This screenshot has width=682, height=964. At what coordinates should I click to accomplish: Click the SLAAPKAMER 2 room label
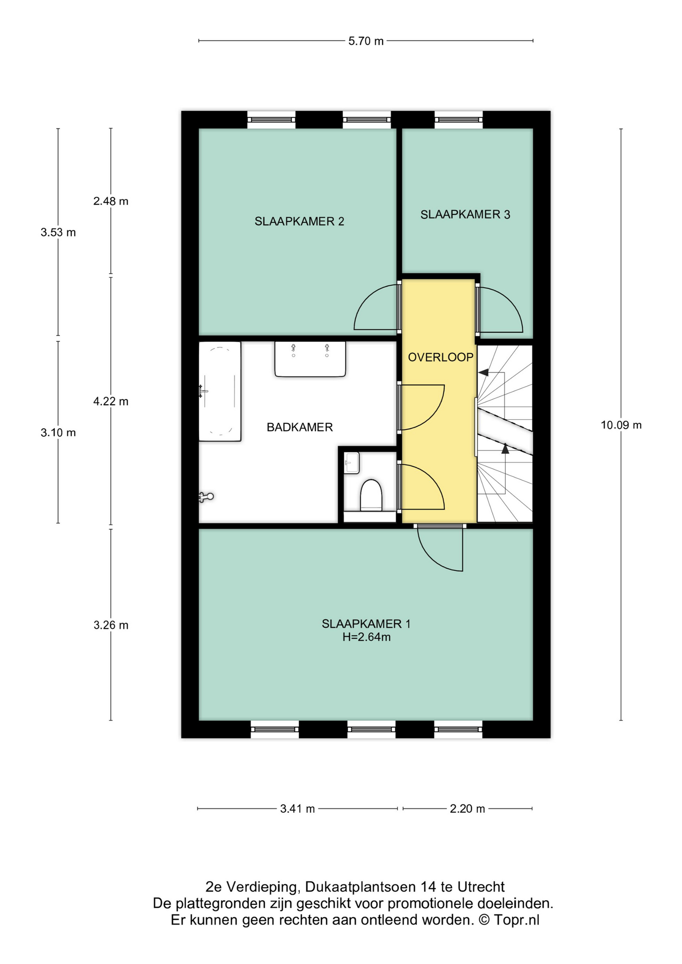point(299,221)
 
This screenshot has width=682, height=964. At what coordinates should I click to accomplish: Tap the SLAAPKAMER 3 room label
point(465,214)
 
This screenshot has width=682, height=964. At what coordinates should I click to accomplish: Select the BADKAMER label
point(300,427)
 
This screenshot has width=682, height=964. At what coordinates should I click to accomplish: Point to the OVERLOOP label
point(440,357)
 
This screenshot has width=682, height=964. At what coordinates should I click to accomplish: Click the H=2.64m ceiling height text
point(367,637)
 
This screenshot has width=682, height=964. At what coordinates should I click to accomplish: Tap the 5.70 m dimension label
point(366,41)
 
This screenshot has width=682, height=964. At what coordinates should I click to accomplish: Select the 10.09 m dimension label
point(621,425)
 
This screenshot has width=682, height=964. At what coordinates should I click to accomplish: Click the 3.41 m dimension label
point(297,809)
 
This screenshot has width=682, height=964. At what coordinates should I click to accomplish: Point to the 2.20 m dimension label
point(468,809)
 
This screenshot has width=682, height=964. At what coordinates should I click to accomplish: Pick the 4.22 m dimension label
point(111,402)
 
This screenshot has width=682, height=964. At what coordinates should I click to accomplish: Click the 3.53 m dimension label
point(58,232)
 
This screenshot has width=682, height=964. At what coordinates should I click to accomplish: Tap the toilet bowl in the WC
point(371,495)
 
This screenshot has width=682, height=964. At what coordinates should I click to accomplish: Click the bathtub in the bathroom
point(220,392)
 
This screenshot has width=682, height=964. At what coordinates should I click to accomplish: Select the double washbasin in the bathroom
point(310,359)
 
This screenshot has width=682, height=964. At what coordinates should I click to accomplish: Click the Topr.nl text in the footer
point(516,920)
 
